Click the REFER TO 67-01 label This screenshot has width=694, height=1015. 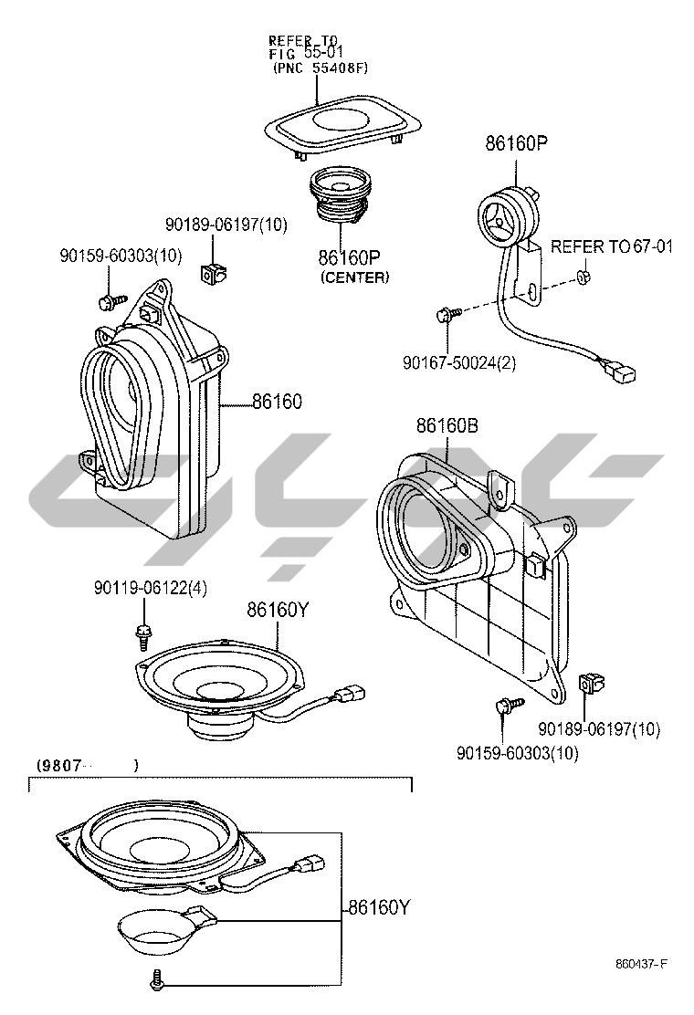tap(611, 246)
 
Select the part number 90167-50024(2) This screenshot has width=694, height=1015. tap(458, 362)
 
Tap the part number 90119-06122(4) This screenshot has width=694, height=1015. tap(150, 589)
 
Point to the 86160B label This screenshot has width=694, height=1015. tap(447, 426)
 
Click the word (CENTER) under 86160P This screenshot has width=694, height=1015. tap(354, 277)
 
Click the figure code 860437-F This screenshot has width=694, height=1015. tap(641, 965)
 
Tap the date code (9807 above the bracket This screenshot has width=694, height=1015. tap(61, 764)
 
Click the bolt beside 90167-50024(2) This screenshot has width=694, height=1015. tap(446, 315)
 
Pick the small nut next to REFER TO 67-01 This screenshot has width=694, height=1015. tap(584, 276)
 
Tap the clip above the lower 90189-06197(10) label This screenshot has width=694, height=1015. tap(593, 683)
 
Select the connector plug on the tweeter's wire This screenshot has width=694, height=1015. tap(623, 372)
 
